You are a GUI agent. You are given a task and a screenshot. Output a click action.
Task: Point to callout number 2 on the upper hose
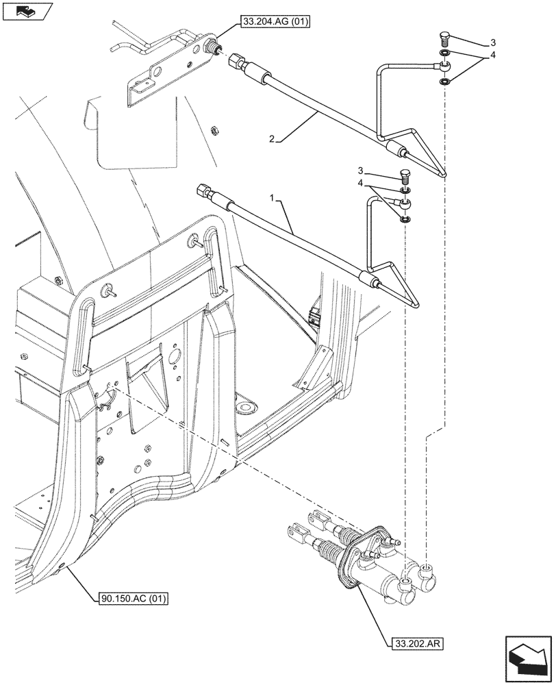272,139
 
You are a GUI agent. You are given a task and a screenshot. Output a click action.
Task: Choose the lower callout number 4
360,184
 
